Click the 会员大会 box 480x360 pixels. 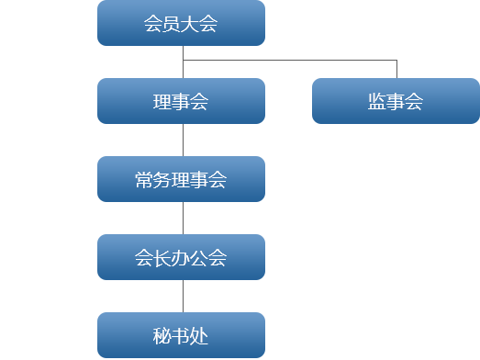tap(181, 23)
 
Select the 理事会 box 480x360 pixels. tap(181, 101)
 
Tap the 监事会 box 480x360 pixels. tap(396, 101)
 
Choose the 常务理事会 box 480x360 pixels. tap(181, 179)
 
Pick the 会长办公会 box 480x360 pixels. tap(181, 257)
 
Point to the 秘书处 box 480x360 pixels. tap(181, 335)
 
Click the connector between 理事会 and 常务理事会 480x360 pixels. tap(183, 140)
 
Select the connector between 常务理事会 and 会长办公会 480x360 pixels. tap(183, 218)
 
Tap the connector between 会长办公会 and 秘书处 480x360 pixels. tap(183, 296)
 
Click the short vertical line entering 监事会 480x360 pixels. tap(396, 70)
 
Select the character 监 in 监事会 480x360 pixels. tap(377, 102)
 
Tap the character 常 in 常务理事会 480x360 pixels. tap(144, 180)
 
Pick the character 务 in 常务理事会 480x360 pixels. tap(162, 180)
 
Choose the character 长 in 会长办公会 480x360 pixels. tap(162, 258)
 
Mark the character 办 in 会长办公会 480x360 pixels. tap(181, 258)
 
